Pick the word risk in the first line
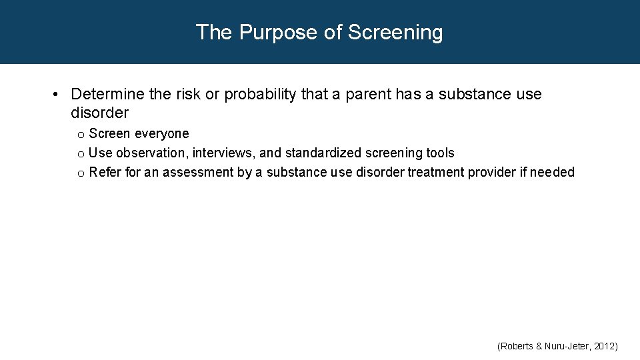point(188,95)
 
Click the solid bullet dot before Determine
point(58,95)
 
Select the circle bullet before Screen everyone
point(80,135)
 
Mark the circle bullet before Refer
point(80,173)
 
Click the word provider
point(495,172)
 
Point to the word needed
point(552,172)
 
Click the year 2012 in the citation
point(605,346)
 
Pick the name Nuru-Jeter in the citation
point(565,346)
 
